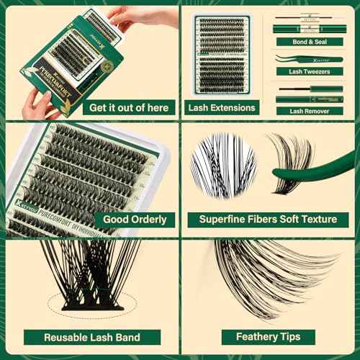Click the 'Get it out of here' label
pos(129,108)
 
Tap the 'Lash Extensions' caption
pos(221,108)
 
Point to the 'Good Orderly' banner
pos(134,219)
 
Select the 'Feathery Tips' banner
pos(268,336)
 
